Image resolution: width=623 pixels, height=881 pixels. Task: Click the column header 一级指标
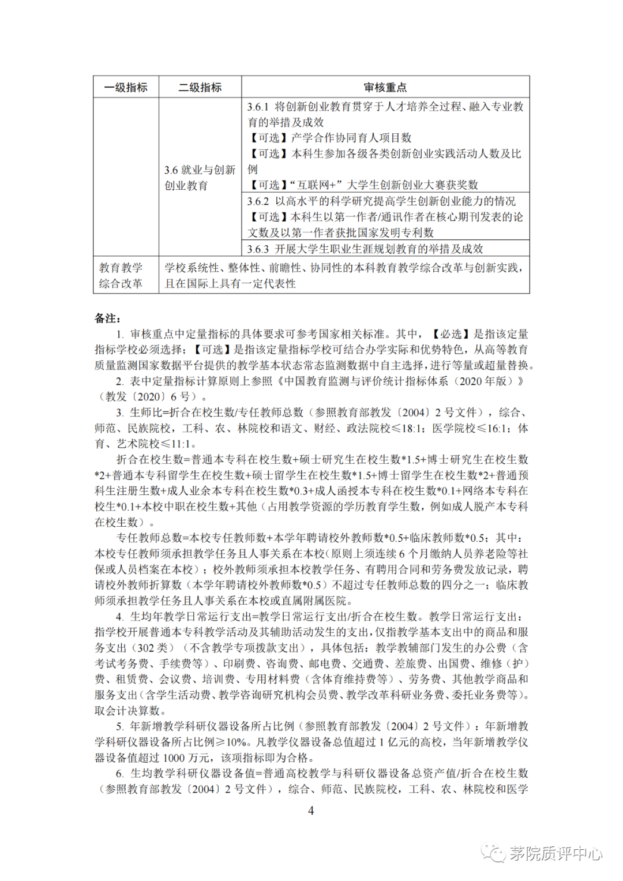(126, 87)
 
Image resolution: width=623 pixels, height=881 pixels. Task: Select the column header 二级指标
(200, 87)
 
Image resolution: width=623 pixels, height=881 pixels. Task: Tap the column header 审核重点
(385, 87)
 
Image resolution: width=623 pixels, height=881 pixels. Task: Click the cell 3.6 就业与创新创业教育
(200, 178)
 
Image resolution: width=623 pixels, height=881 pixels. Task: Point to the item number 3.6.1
(258, 107)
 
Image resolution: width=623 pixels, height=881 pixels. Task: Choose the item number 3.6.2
(258, 201)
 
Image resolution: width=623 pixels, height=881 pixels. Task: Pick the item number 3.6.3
(258, 249)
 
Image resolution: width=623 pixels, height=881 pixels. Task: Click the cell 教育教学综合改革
(121, 276)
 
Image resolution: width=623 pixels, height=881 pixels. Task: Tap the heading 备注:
(107, 318)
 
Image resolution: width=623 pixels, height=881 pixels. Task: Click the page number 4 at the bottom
(311, 811)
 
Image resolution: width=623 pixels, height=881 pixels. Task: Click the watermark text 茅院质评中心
(556, 853)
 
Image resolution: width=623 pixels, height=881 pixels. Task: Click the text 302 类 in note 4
(155, 648)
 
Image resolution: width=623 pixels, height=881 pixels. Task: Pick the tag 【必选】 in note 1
(451, 334)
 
